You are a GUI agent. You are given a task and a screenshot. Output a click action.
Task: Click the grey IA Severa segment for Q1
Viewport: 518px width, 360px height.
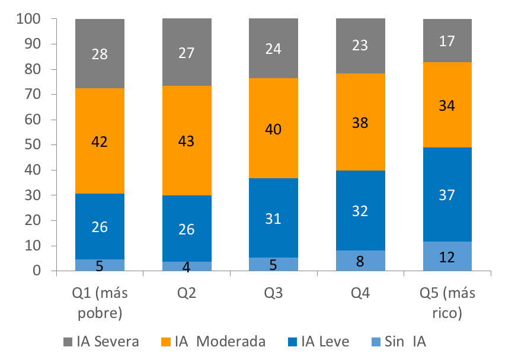point(100,53)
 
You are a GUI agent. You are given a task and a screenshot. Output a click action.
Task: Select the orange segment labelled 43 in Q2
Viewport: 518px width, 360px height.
point(187,140)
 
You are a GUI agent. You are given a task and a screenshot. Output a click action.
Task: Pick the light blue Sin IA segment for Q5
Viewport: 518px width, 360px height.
point(447,256)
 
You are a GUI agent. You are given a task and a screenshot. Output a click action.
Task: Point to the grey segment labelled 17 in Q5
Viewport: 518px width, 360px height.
point(447,40)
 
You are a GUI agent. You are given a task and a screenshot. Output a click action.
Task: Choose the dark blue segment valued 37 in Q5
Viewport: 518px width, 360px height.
point(447,194)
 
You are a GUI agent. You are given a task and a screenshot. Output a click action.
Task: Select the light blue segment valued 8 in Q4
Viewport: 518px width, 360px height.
point(360,261)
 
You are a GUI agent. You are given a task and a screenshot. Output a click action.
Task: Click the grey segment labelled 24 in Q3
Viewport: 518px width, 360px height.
point(273,49)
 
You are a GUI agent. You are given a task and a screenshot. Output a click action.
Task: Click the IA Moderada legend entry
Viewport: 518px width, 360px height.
point(213,342)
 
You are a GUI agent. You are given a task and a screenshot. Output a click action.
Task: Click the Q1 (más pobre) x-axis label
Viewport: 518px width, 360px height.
point(100,303)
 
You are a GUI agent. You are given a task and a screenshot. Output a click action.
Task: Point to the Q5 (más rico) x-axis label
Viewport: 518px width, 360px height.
point(447,303)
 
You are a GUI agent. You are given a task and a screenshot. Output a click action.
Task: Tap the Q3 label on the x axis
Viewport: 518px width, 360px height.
point(273,294)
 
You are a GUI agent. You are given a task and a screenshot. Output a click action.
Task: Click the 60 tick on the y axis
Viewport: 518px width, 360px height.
point(33,120)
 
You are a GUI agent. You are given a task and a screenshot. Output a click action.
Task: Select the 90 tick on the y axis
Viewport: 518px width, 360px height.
point(33,44)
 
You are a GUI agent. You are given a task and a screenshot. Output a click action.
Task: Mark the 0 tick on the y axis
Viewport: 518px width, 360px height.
point(37,271)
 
